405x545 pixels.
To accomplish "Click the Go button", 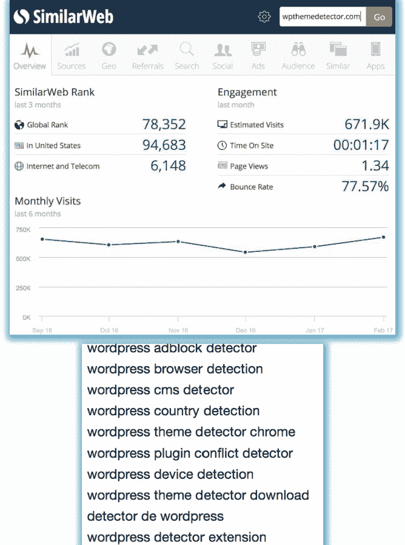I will pyautogui.click(x=379, y=17).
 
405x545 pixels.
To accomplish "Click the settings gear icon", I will pyautogui.click(x=264, y=17).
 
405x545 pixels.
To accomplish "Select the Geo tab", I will pyautogui.click(x=109, y=55).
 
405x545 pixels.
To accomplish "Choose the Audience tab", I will pyautogui.click(x=298, y=55).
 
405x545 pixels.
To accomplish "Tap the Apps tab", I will pyautogui.click(x=375, y=55).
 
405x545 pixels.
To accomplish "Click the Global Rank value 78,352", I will pyautogui.click(x=164, y=125).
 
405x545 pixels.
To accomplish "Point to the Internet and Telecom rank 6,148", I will pyautogui.click(x=168, y=166).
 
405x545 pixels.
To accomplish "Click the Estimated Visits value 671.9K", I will pyautogui.click(x=366, y=125).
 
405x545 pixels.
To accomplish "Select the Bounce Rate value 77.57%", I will pyautogui.click(x=365, y=187).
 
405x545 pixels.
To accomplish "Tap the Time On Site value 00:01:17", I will pyautogui.click(x=361, y=145).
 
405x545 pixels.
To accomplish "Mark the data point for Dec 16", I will pyautogui.click(x=246, y=252).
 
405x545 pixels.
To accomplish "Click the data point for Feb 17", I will pyautogui.click(x=384, y=237).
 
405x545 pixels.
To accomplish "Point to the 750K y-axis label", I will pyautogui.click(x=22, y=229).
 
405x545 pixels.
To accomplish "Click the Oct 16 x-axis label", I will pyautogui.click(x=109, y=330).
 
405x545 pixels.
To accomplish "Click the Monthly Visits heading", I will pyautogui.click(x=47, y=201).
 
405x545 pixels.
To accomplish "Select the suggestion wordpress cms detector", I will pyautogui.click(x=160, y=390).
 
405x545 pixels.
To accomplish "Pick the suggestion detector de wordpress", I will pyautogui.click(x=155, y=517).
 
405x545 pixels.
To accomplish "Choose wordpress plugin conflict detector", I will pyautogui.click(x=190, y=453).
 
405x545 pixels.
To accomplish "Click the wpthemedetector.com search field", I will pyautogui.click(x=323, y=17).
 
